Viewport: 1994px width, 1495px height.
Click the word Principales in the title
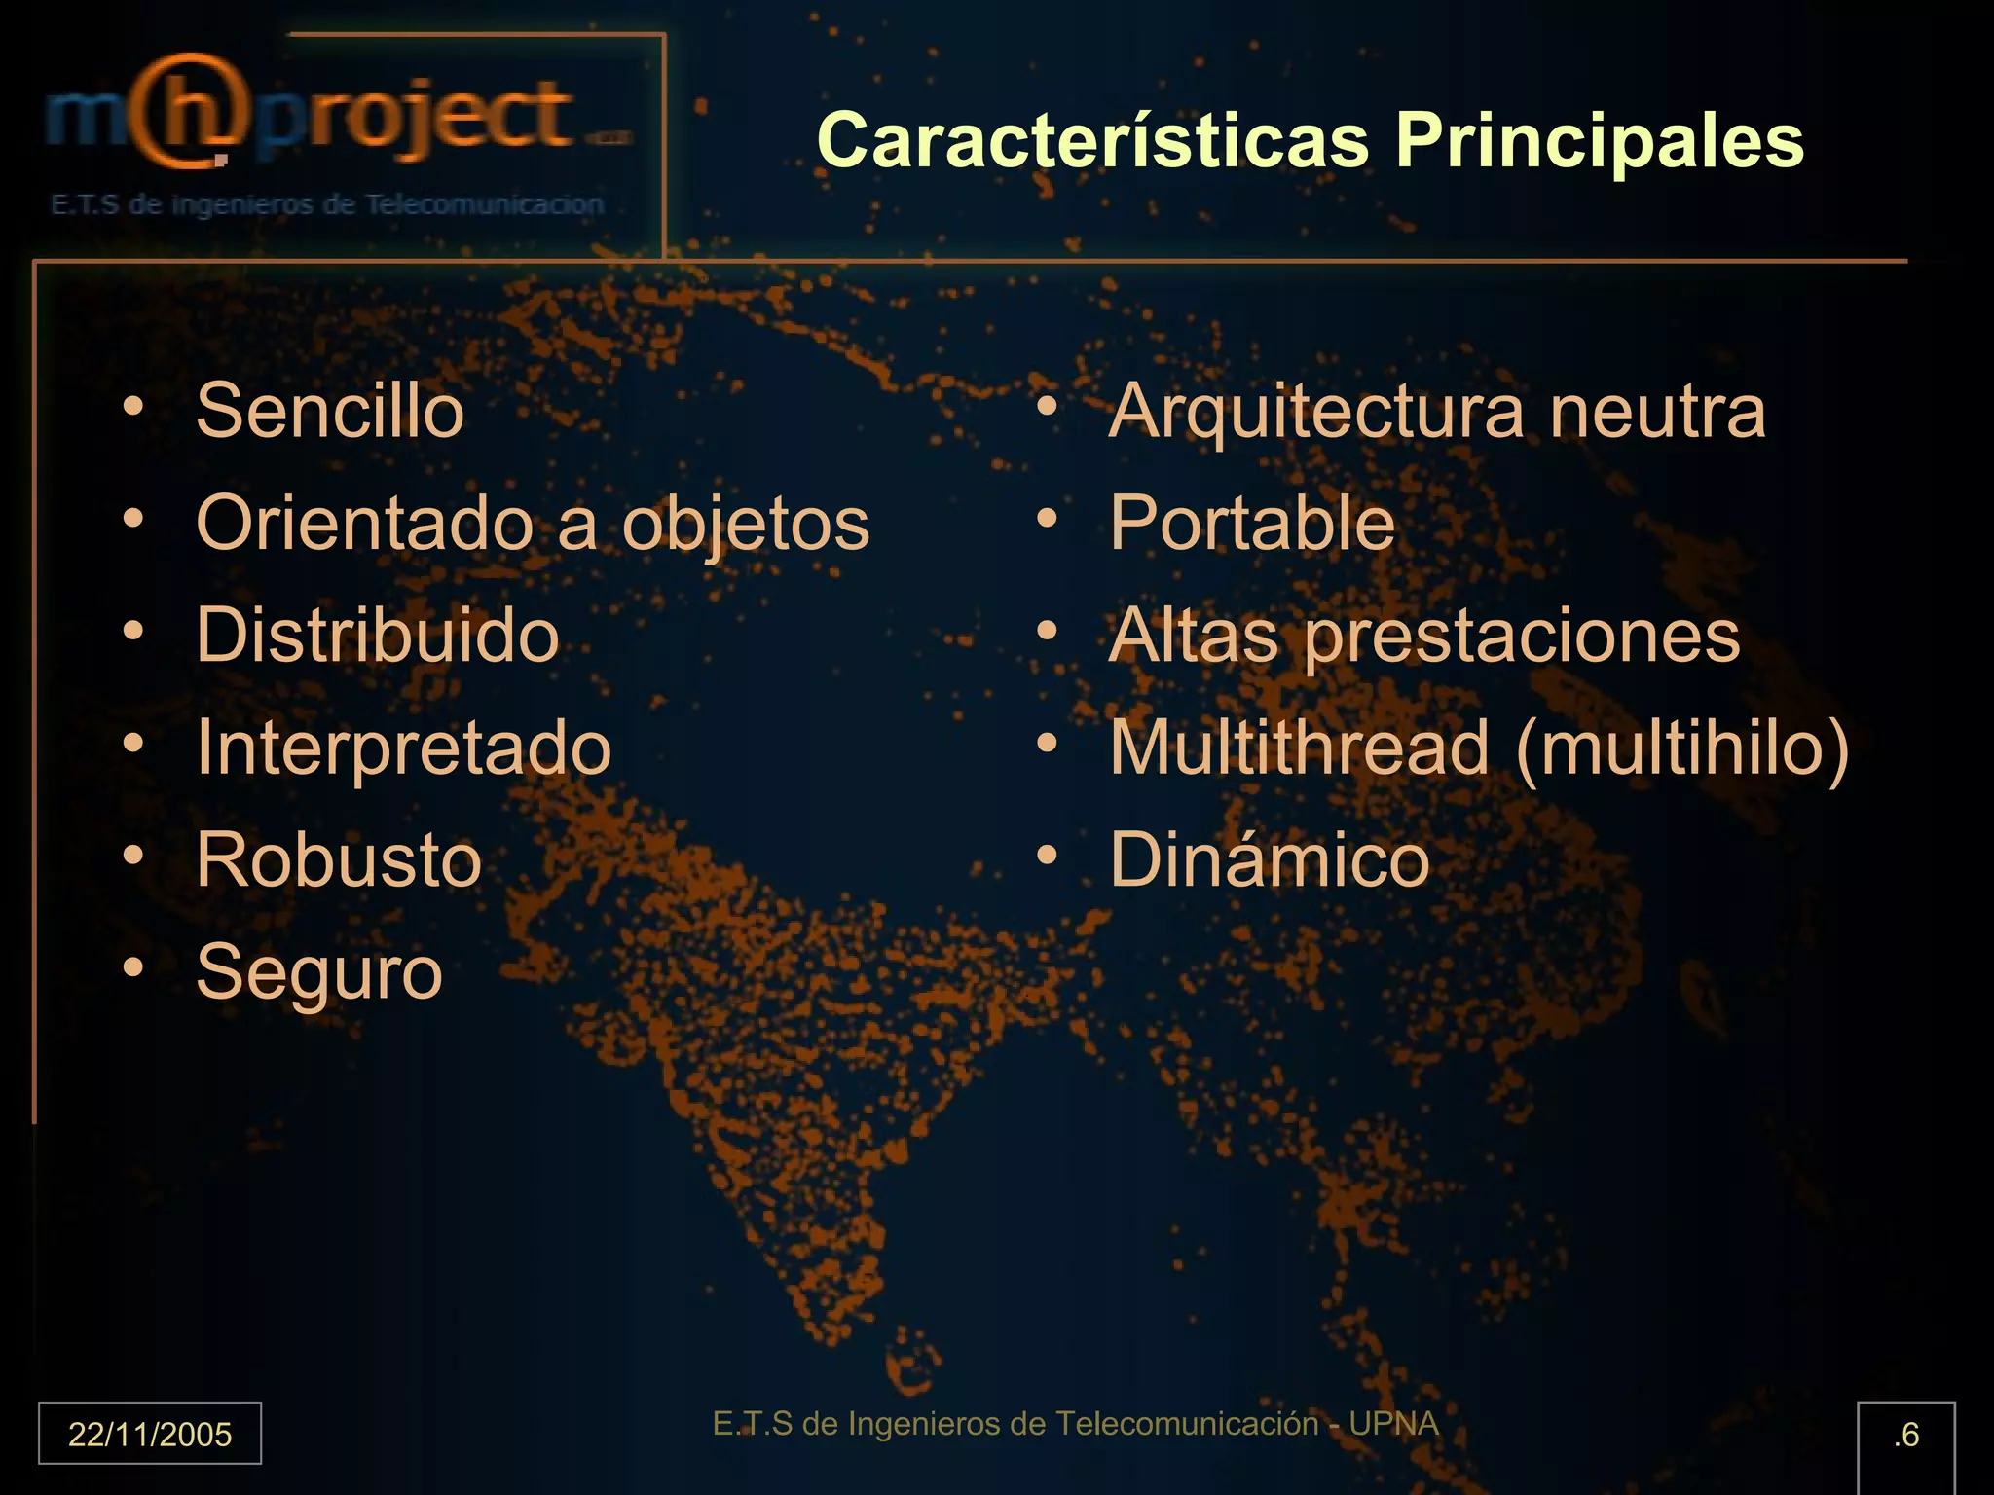pos(1600,141)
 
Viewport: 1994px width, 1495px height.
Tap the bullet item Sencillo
pos(330,411)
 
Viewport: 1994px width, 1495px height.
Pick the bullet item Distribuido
pos(378,636)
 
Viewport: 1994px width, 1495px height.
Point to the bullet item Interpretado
pos(404,748)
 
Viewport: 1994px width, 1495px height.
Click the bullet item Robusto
pos(339,860)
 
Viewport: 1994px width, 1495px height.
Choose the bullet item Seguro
pos(319,972)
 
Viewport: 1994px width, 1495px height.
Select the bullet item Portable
pos(1252,524)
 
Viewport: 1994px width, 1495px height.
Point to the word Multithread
pos(1300,748)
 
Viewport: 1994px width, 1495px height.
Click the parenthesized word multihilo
pos(1682,748)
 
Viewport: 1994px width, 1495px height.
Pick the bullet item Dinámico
pos(1270,860)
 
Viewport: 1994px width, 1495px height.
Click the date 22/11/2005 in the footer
pos(150,1435)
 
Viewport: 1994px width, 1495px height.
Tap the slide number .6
pos(1905,1435)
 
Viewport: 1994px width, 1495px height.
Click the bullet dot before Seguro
pos(133,967)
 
